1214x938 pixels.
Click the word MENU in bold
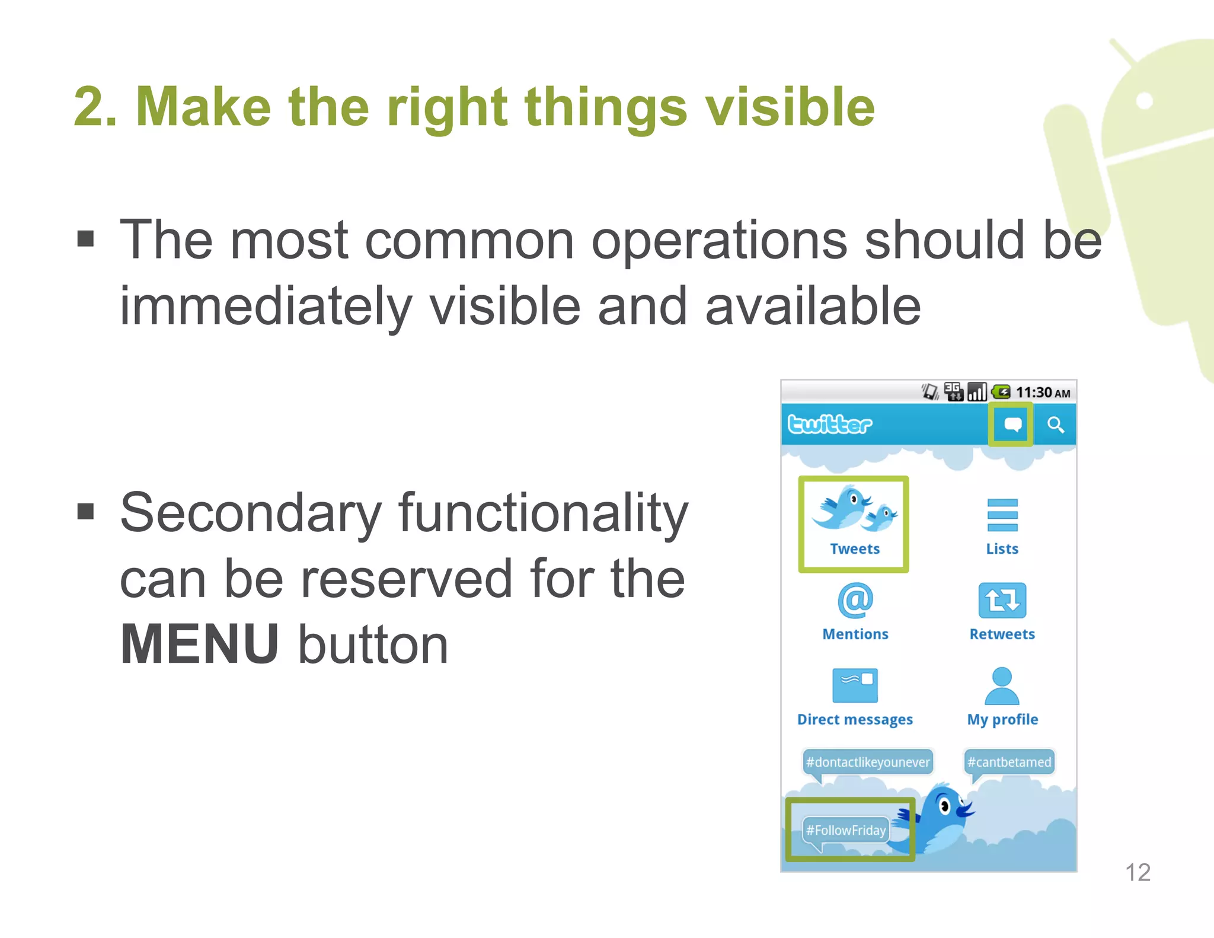[199, 645]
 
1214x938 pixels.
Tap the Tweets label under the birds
[854, 549]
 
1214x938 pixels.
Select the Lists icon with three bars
[1002, 515]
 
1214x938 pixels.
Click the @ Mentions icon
[855, 600]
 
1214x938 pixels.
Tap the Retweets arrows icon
[1002, 600]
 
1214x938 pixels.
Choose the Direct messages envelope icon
[855, 685]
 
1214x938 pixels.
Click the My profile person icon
[1002, 685]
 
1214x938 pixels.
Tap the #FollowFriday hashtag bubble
[846, 830]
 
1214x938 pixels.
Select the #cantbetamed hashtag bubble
[1009, 762]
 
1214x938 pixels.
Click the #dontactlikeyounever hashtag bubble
[868, 762]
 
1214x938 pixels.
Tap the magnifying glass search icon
[1055, 425]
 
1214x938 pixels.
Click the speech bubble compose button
[1012, 425]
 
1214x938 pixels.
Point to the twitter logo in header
[829, 425]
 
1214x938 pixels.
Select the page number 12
[1138, 873]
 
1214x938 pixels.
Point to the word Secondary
[250, 513]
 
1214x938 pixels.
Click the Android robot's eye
[1145, 100]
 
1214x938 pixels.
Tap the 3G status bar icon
[953, 391]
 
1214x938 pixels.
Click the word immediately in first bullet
[266, 307]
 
